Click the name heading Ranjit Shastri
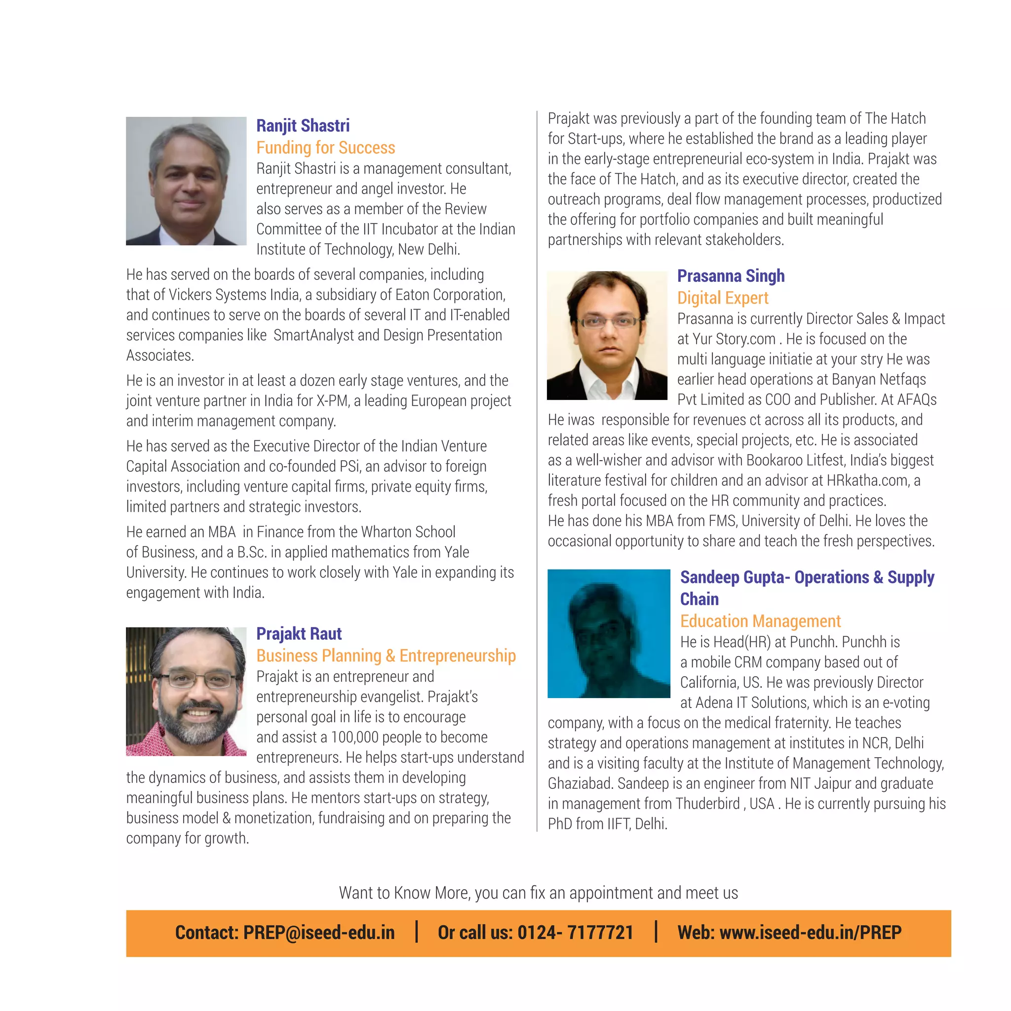[x=303, y=125]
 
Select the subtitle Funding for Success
[x=325, y=148]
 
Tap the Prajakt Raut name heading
[x=299, y=634]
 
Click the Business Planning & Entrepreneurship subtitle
[x=386, y=656]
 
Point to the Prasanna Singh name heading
[x=731, y=276]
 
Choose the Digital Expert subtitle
[x=723, y=298]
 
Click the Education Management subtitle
[x=760, y=621]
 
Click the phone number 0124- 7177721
[x=575, y=933]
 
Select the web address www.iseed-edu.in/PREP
[x=810, y=933]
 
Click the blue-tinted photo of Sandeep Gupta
[x=609, y=633]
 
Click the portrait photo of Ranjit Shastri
[x=186, y=181]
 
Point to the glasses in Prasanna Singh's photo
[x=609, y=321]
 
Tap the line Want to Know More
[x=538, y=893]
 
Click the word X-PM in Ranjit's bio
[x=332, y=401]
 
